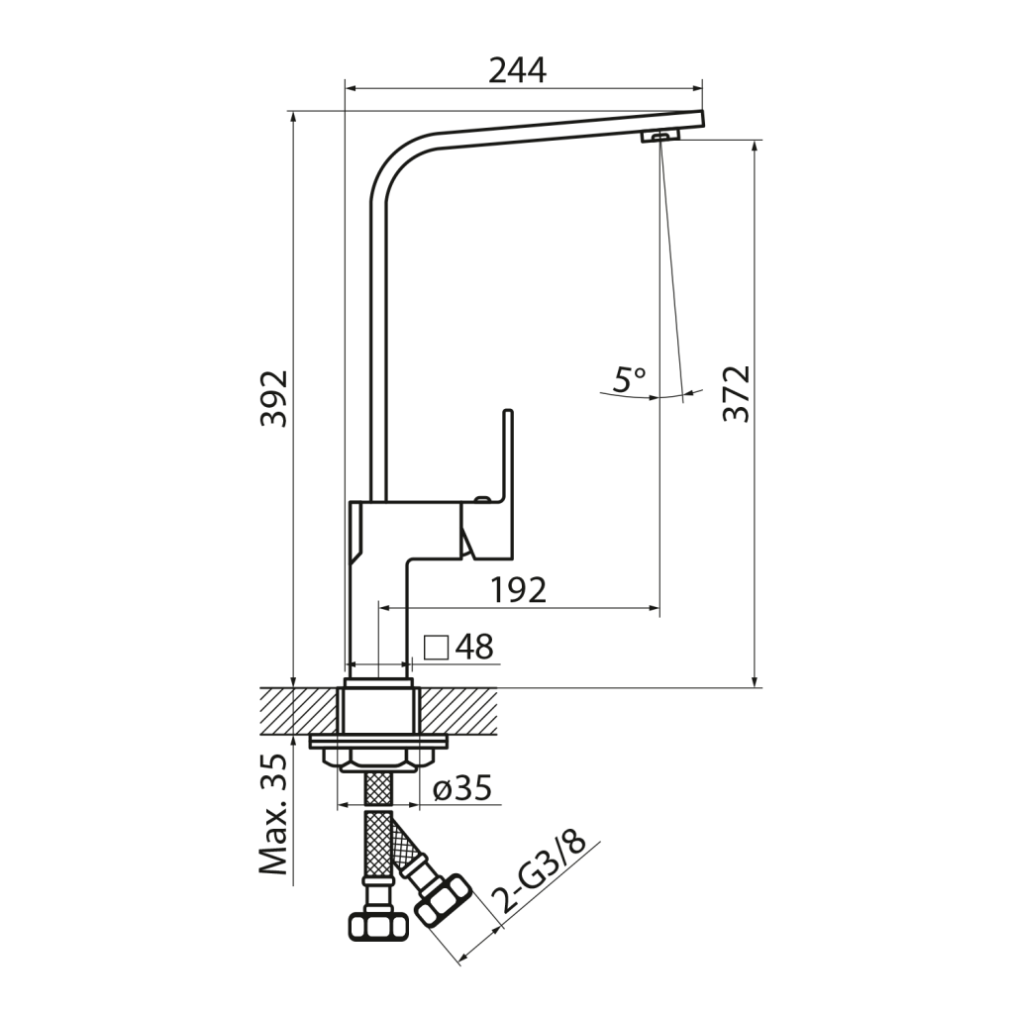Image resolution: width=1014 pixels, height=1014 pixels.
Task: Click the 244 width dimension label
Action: [x=517, y=70]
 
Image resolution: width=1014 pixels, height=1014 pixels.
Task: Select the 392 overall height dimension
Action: [x=273, y=398]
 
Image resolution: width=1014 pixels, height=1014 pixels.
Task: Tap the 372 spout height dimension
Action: [x=736, y=394]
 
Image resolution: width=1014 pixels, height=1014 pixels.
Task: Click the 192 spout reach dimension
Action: [x=519, y=589]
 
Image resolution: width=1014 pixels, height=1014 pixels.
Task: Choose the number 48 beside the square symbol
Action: [x=474, y=646]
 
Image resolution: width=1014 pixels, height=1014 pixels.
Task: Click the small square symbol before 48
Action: [x=437, y=647]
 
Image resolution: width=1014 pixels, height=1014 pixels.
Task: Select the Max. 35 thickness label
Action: [x=273, y=815]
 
